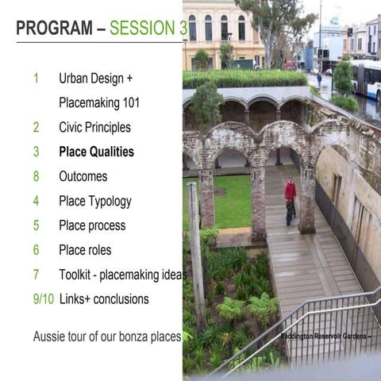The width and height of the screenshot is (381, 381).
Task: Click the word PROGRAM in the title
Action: pyautogui.click(x=54, y=29)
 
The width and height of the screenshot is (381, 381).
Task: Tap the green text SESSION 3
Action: pyautogui.click(x=143, y=29)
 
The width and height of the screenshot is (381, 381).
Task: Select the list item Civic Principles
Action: pyautogui.click(x=94, y=127)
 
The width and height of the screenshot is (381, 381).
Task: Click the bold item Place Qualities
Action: pyautogui.click(x=96, y=152)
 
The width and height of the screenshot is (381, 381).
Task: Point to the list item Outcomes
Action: pyautogui.click(x=83, y=176)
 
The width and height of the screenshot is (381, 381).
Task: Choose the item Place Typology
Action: pyautogui.click(x=94, y=201)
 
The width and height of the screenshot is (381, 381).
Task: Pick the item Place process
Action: pyautogui.click(x=92, y=225)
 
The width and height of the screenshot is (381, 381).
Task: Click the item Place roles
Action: pyautogui.click(x=85, y=250)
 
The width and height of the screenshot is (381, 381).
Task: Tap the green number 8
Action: pyautogui.click(x=37, y=176)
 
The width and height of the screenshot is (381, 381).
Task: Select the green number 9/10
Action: pyautogui.click(x=44, y=299)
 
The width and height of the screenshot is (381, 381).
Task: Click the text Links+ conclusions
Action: pyautogui.click(x=103, y=299)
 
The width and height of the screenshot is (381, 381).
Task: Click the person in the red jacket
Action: pyautogui.click(x=291, y=198)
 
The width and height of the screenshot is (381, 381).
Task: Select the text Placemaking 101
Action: pyautogui.click(x=99, y=102)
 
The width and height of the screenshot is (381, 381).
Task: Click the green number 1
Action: pyautogui.click(x=37, y=78)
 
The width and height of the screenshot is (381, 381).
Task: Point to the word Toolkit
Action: pyautogui.click(x=78, y=275)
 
